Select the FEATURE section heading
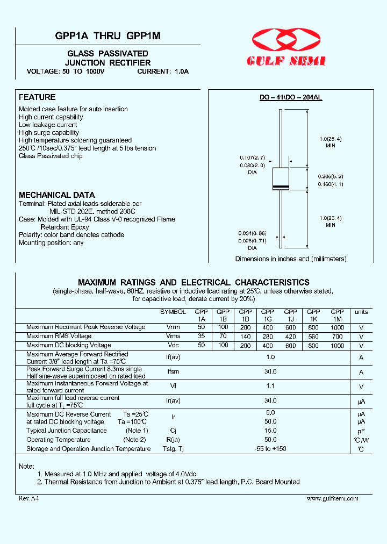[37, 97]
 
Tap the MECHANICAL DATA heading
[57, 195]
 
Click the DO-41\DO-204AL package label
[291, 98]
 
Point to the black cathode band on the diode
[281, 187]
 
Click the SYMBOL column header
[173, 312]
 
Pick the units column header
[361, 312]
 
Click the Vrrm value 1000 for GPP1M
[338, 327]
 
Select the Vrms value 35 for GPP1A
[202, 337]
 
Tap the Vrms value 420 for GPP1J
[291, 337]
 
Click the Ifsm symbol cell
[173, 372]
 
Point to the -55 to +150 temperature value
[270, 449]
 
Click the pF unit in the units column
[361, 431]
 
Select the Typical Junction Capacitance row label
[67, 431]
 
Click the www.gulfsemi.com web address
[332, 498]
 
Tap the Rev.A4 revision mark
[29, 498]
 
